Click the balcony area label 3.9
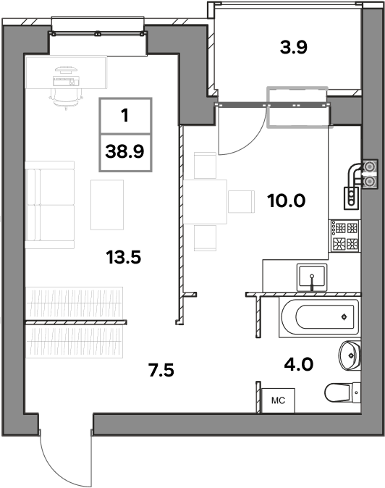293,47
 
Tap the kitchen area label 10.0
286,201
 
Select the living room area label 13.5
124,257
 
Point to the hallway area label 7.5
161,371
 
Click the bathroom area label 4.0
299,363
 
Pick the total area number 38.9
124,152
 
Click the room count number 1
125,115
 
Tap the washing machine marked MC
278,400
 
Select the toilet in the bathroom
343,392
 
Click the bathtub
319,317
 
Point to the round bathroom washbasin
350,356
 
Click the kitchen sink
312,277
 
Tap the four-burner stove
345,235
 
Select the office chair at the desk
67,98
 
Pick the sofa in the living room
50,205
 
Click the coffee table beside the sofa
107,205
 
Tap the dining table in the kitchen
205,202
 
